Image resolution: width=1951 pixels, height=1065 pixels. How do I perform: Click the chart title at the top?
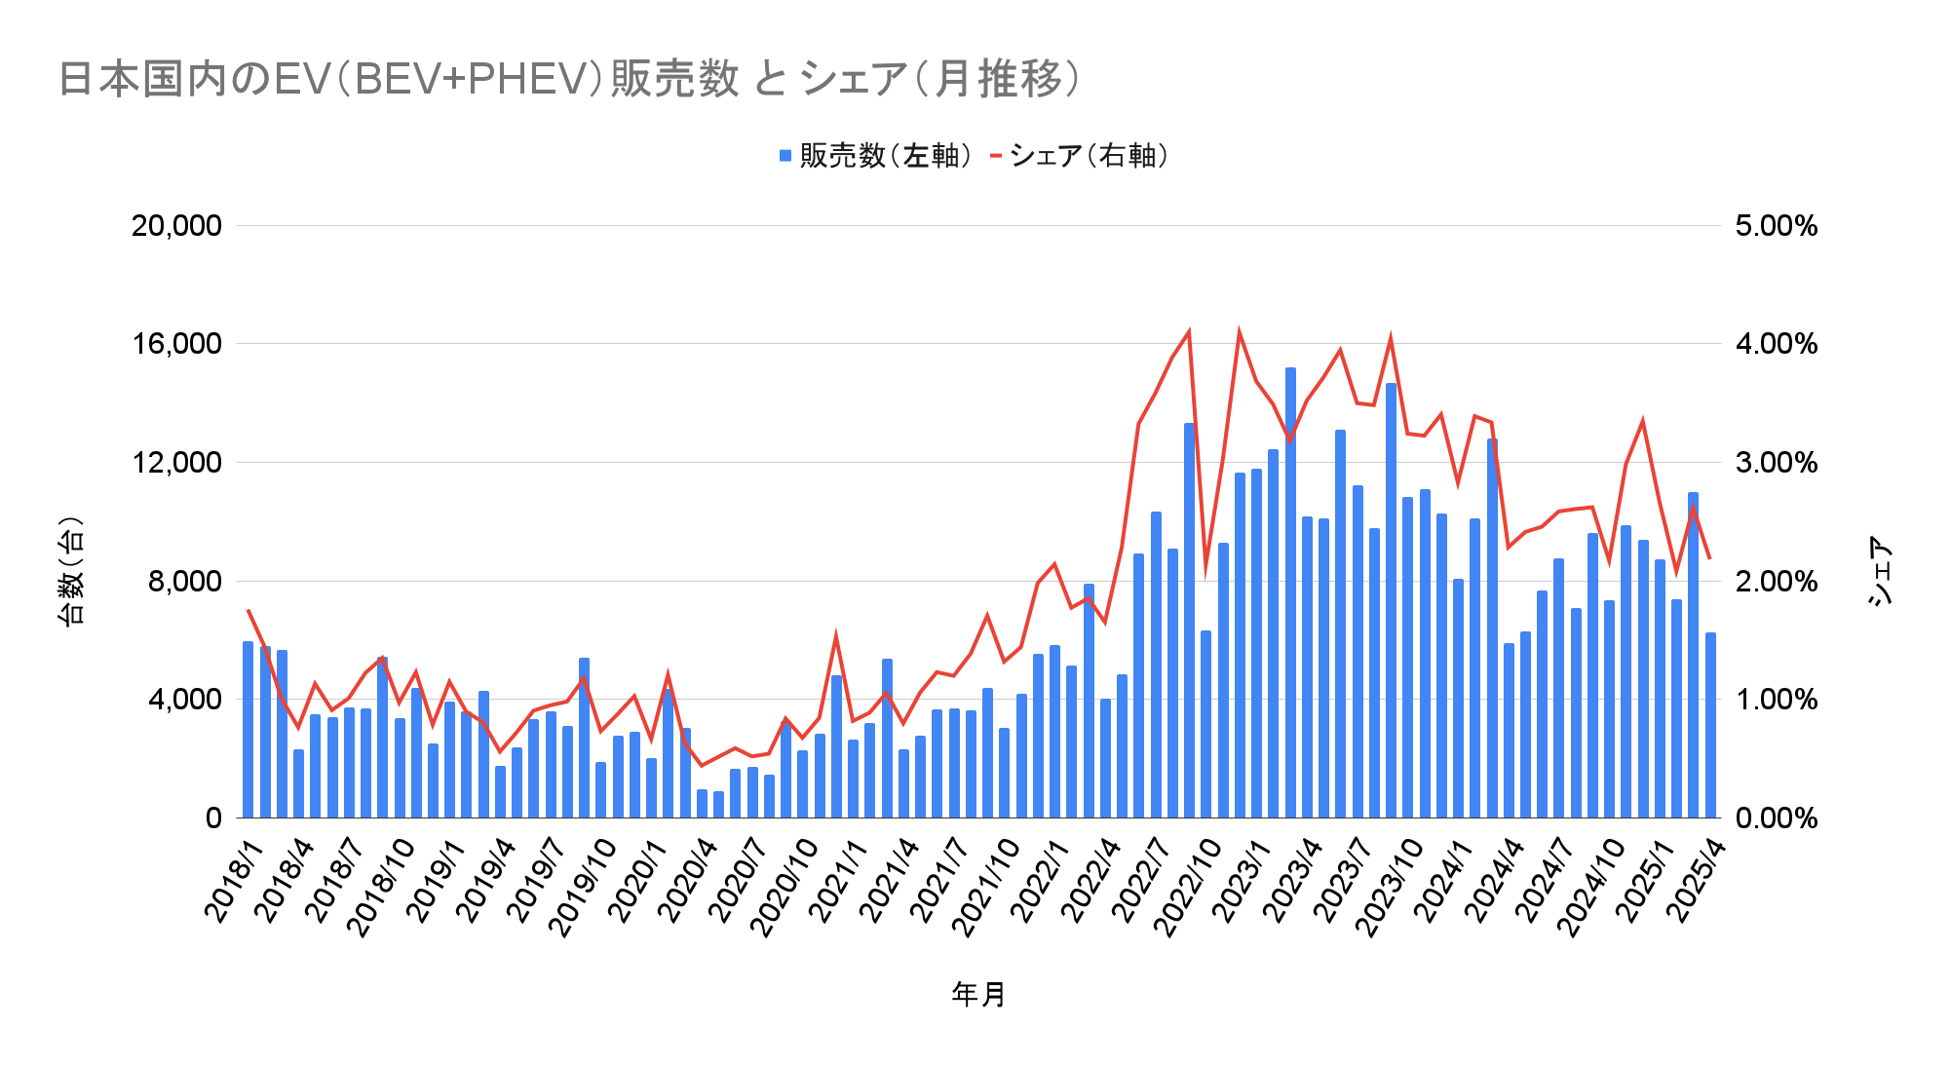569,79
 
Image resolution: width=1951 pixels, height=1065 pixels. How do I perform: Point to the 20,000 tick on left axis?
176,226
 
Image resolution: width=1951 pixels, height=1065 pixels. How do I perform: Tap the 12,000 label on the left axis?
176,463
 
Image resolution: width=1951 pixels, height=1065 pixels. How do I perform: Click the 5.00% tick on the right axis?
1776,226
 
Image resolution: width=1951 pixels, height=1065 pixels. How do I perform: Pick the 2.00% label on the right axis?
1776,582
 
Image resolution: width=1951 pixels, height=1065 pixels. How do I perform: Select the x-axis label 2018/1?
234,881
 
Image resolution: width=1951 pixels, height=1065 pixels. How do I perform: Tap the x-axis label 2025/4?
1696,881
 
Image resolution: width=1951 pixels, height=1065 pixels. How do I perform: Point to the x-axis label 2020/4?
688,881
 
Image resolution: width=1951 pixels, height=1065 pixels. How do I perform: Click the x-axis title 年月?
978,995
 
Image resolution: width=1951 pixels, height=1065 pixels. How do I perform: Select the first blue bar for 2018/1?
248,731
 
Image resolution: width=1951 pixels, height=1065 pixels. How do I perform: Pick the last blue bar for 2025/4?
1710,726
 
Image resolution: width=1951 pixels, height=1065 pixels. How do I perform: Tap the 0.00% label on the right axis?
1776,818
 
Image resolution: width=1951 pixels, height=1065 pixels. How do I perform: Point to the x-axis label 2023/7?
1342,881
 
